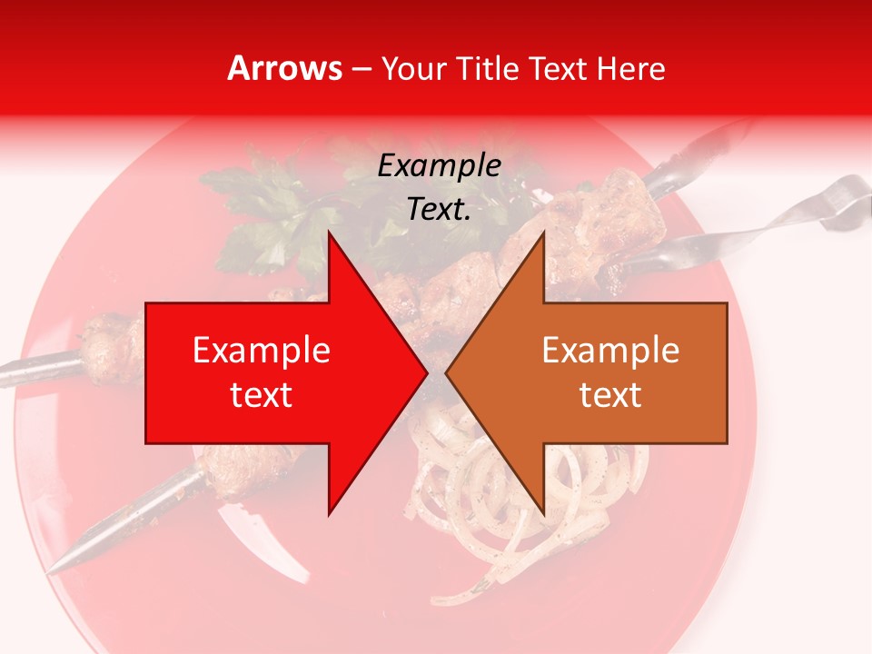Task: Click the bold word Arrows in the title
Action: click(285, 68)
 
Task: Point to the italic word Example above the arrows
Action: click(439, 166)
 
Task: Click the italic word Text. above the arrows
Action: click(439, 210)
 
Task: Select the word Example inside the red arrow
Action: click(261, 351)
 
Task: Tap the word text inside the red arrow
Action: click(261, 395)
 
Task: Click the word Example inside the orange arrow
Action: click(610, 351)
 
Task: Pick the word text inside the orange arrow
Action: click(610, 395)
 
